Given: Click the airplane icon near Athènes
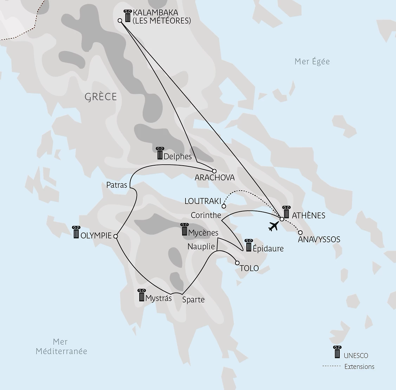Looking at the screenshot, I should point(273,226).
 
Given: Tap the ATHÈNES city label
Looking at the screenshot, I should point(309,215).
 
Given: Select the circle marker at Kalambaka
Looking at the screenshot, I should point(120,21).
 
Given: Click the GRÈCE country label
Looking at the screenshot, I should point(100,97).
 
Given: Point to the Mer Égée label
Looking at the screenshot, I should point(312,62).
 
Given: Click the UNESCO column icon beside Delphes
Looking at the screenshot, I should point(160,153).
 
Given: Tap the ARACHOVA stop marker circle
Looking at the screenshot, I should point(214,171).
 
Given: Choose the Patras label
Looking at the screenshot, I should point(116,185).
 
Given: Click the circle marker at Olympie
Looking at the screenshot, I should point(116,236).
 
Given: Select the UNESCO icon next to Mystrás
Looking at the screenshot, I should point(142,295).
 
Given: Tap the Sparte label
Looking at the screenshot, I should point(193,300).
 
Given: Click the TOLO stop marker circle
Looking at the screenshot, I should point(237,263).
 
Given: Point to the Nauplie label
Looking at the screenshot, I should point(201,247).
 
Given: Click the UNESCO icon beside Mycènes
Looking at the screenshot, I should point(184,230).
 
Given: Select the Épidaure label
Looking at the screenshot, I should point(268,248).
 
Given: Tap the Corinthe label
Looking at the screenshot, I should point(206,215).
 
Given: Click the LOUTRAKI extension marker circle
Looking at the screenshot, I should point(224,206).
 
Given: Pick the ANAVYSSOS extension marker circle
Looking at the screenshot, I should point(300,232).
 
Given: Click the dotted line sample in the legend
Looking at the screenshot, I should point(331,366).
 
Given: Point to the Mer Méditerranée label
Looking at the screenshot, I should point(61,346).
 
